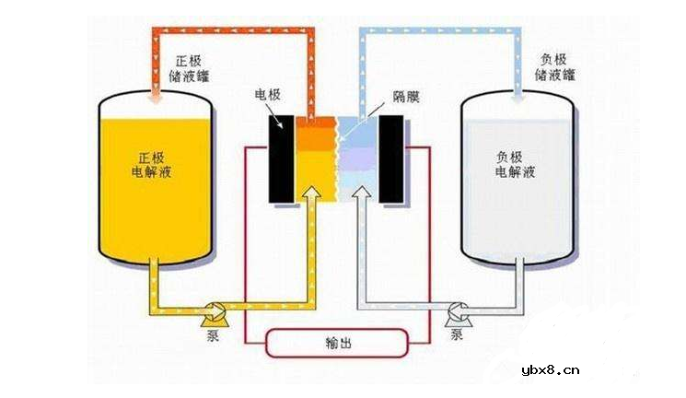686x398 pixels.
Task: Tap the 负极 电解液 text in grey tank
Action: (515, 164)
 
